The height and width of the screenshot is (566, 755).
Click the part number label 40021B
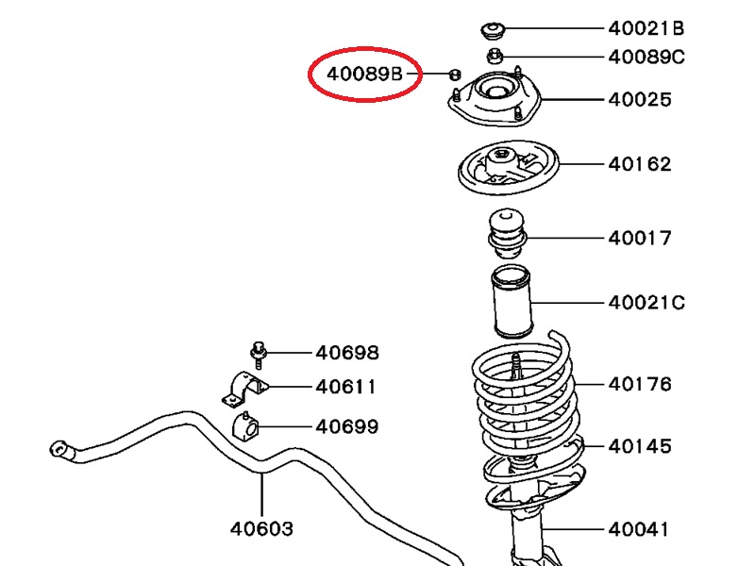pos(646,28)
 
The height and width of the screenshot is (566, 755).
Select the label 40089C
pos(646,57)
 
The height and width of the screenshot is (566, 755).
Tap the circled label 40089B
pos(364,73)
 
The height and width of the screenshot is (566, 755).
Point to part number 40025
pos(640,99)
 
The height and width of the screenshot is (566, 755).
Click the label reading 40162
pos(640,164)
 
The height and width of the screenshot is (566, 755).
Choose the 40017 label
pos(640,238)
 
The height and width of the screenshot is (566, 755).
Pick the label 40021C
pos(646,303)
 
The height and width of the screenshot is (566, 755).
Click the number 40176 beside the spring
pos(640,384)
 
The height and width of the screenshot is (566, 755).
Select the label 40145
pos(640,446)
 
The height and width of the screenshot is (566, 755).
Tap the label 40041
pos(640,529)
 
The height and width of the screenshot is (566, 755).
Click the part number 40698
pos(347,353)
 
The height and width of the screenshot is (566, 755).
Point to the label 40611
pos(347,387)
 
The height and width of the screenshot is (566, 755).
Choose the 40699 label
pos(347,426)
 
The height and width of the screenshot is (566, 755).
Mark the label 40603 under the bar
pos(261,528)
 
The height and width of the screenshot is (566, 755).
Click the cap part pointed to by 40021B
pos(493,29)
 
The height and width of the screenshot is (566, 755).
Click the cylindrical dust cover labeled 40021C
pos(510,303)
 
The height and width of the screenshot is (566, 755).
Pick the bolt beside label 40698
pos(258,354)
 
